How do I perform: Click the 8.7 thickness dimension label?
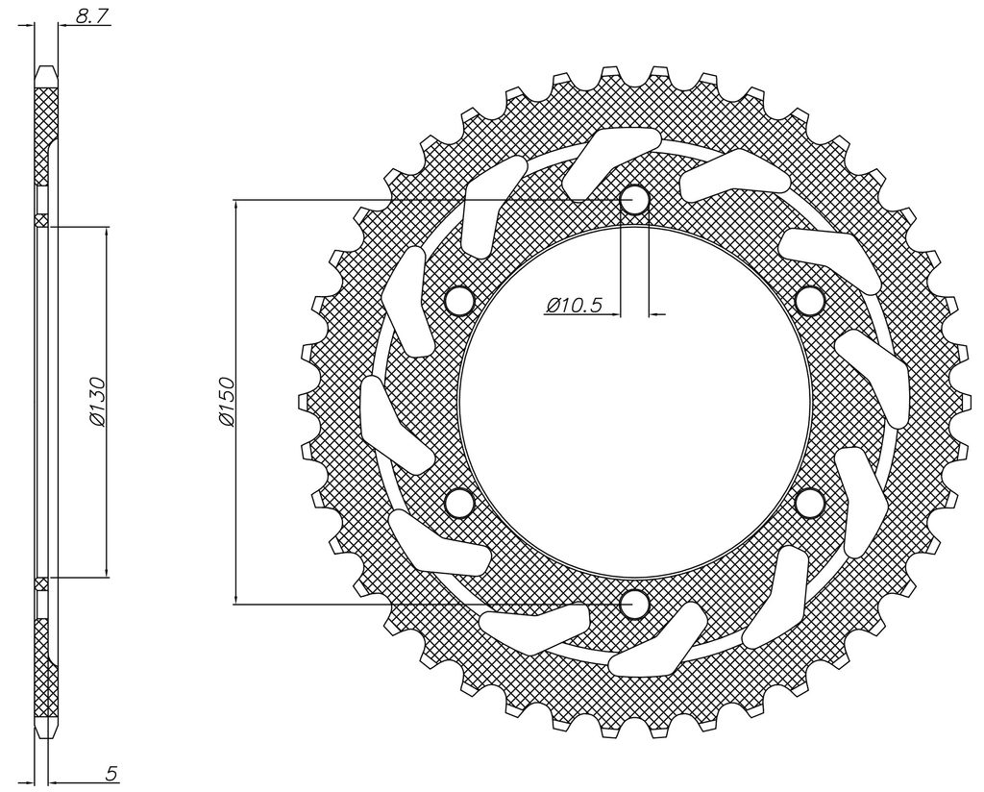(90, 16)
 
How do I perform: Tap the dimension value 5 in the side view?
(111, 774)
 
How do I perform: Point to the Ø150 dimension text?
(227, 402)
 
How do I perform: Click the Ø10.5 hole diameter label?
(575, 306)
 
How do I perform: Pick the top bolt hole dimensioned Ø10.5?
(634, 200)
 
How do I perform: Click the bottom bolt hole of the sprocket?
(634, 604)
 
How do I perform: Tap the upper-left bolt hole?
(460, 301)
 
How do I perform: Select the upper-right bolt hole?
(809, 301)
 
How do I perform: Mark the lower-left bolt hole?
(460, 503)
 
